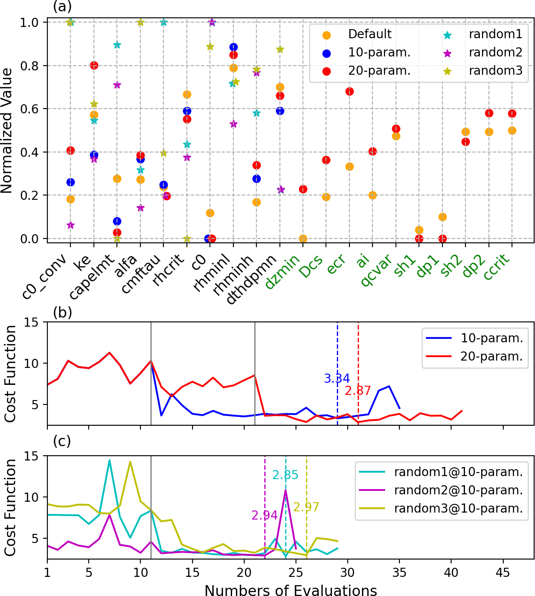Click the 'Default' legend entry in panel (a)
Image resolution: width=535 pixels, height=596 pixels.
click(369, 34)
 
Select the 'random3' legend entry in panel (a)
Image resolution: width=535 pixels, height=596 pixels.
click(495, 71)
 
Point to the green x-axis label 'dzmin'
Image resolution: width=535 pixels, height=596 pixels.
click(282, 272)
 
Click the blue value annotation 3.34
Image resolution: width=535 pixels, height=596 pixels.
click(337, 379)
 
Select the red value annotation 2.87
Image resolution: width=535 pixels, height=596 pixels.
click(358, 391)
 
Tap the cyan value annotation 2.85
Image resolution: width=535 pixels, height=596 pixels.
click(285, 475)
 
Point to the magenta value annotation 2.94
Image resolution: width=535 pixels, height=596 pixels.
click(264, 516)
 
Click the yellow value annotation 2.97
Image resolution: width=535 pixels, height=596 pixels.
click(306, 507)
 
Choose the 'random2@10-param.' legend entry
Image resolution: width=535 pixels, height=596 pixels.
click(458, 490)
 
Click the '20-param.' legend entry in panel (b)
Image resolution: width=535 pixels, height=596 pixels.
click(492, 357)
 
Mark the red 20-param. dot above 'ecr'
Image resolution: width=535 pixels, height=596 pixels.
click(349, 91)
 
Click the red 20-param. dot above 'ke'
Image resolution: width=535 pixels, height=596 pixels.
click(94, 65)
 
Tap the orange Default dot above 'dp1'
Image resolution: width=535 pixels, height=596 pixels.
click(442, 217)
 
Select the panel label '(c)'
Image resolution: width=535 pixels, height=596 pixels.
click(62, 441)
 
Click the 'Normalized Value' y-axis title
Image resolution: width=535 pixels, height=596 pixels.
click(7, 130)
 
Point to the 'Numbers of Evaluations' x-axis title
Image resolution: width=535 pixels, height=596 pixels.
click(290, 590)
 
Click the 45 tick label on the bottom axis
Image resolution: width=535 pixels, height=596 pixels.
click(503, 573)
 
